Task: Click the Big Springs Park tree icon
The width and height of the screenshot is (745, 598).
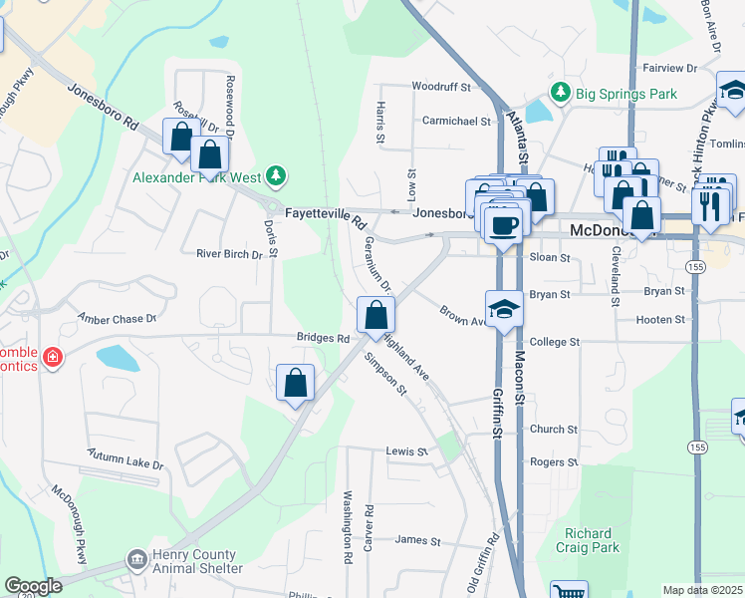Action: tap(561, 93)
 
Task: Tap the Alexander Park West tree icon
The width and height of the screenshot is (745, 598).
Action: tap(276, 177)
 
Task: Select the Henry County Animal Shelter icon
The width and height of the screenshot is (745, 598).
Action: tap(135, 561)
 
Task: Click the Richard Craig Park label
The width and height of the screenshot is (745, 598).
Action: tap(592, 540)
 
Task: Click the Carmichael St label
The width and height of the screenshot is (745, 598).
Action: tap(456, 121)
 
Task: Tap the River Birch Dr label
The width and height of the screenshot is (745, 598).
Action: tap(229, 254)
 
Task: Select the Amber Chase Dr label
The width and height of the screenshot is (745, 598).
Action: tap(118, 318)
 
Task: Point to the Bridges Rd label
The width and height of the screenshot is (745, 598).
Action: tap(323, 339)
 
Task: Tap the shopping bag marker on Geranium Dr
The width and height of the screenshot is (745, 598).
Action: tap(374, 316)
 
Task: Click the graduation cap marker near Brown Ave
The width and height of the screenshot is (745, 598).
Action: tap(504, 308)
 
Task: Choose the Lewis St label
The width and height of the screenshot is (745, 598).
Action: tap(406, 451)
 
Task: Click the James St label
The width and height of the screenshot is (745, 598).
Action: tap(417, 540)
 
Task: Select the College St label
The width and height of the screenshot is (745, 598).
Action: tap(555, 342)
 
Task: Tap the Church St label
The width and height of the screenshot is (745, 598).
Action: tap(554, 430)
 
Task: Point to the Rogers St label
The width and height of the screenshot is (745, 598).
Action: tap(554, 461)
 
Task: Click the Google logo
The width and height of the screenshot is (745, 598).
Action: tap(33, 587)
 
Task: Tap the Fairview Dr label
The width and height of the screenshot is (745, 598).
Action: tap(670, 68)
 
